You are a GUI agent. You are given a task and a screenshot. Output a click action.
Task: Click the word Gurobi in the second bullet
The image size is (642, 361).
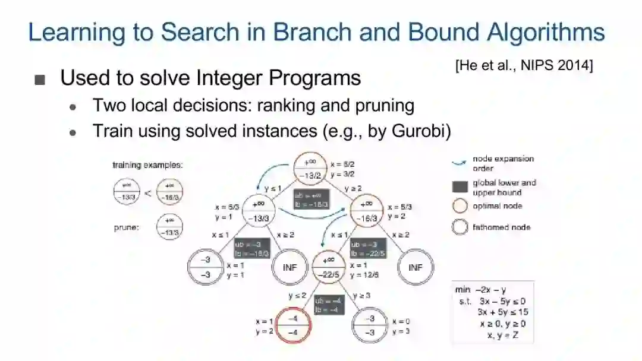coord(417,131)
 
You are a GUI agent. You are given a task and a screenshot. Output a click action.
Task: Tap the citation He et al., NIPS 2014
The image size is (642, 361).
coord(524,65)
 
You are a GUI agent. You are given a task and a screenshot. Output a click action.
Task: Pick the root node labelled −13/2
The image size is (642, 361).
coord(311,169)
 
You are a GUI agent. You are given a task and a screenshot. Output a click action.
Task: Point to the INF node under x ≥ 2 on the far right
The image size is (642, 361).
coord(415,268)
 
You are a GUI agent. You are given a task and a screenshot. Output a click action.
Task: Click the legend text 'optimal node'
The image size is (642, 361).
coord(497,206)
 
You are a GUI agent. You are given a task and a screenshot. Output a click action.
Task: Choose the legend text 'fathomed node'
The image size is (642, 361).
coord(501,227)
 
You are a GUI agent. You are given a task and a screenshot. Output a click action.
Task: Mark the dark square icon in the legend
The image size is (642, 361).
coord(460,187)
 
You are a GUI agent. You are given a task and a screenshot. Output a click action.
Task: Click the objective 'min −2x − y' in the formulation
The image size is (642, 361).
coord(482,290)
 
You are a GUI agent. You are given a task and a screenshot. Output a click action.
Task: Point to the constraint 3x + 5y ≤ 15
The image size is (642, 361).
coord(502,312)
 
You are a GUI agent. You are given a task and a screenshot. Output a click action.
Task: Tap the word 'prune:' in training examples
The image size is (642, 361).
coord(127,227)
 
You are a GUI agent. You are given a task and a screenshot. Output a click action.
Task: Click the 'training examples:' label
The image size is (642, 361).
coord(147,165)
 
